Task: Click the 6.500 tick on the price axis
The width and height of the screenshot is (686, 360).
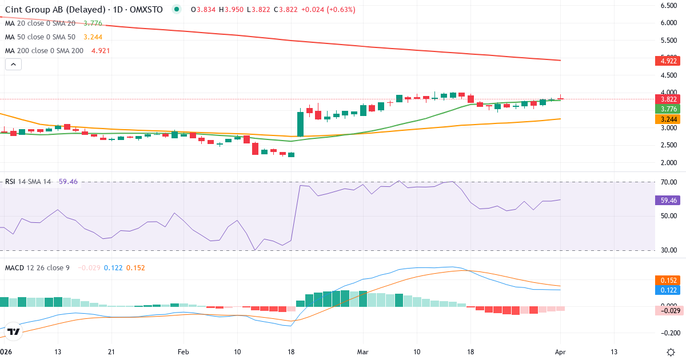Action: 669,6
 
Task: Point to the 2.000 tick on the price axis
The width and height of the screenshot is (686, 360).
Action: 669,163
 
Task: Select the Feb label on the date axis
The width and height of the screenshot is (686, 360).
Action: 183,352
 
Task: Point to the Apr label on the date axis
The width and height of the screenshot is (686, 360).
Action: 560,352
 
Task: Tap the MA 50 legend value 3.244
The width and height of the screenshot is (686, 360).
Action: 93,37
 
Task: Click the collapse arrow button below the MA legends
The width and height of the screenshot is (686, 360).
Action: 13,65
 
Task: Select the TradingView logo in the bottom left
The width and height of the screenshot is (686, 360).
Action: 14,331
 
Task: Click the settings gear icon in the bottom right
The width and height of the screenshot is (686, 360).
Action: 672,352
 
